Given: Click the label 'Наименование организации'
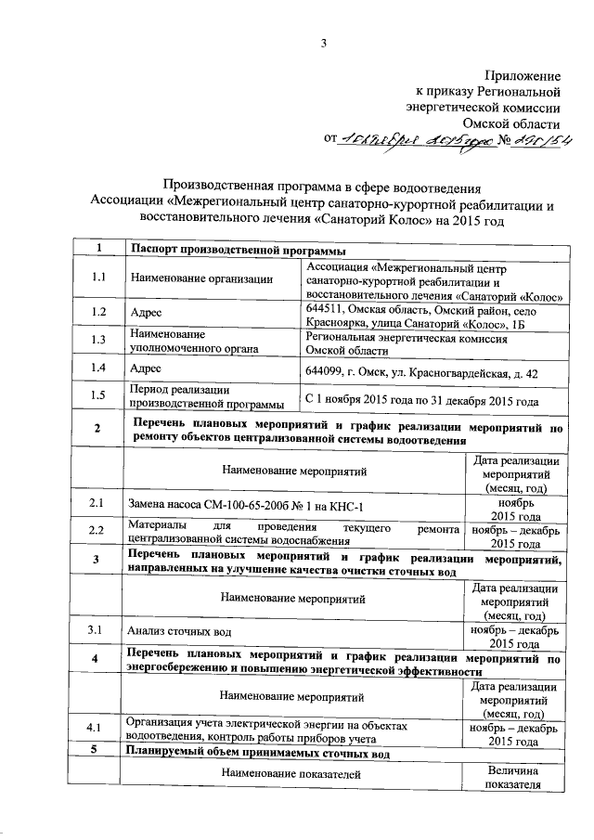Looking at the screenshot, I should [x=201, y=278].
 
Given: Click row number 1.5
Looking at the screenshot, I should [x=98, y=396].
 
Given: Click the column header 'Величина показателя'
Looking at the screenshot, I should [x=511, y=779].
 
